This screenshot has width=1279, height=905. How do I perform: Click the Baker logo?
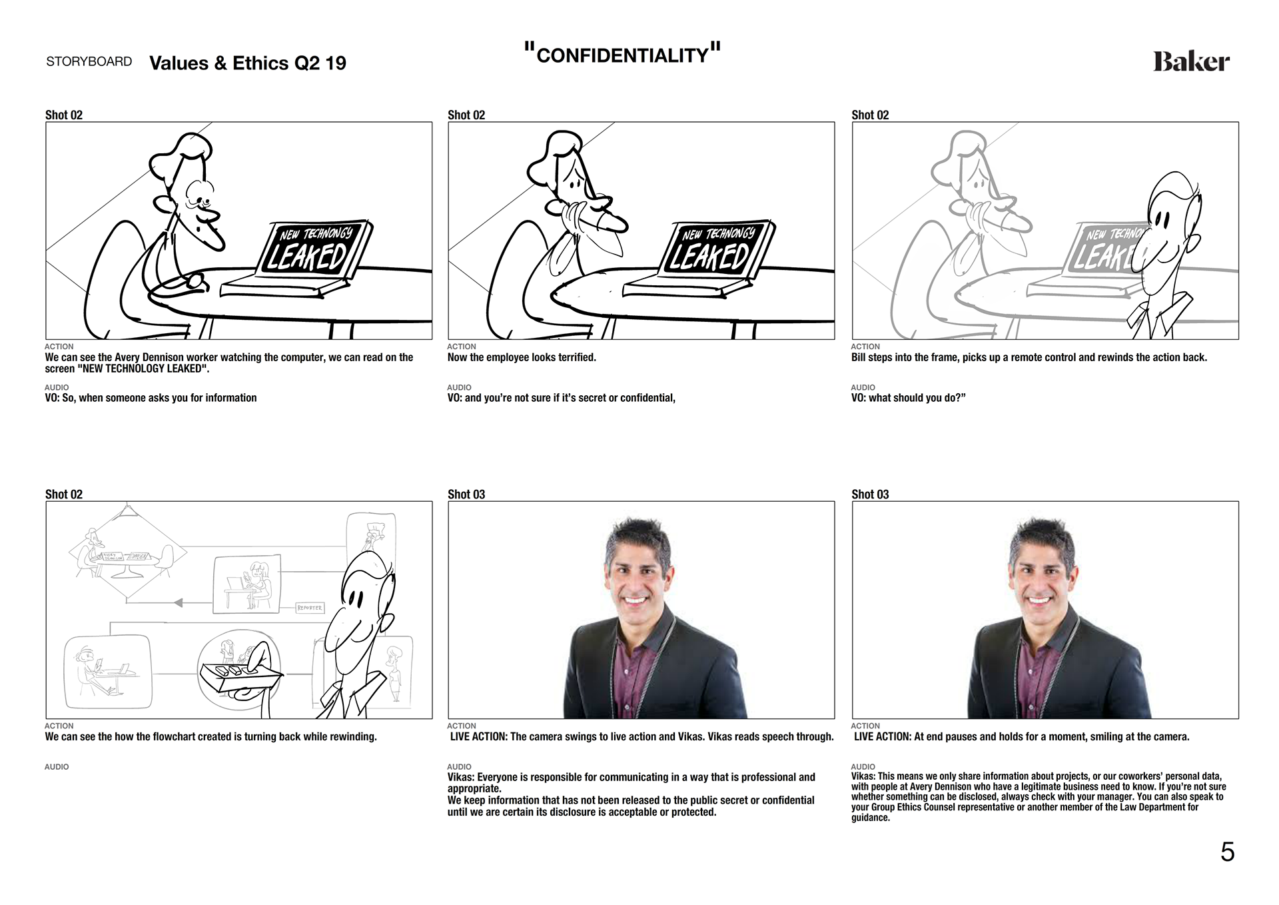pos(1191,62)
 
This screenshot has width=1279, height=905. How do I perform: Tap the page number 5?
pos(1227,852)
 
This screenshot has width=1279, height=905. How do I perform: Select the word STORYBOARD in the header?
pos(89,62)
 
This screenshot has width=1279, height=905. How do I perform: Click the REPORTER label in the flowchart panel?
pos(309,608)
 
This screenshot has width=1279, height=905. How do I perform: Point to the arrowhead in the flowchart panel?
pos(178,603)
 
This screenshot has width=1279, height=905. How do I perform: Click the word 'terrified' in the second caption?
pos(575,358)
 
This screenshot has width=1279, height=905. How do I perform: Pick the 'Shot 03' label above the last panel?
pos(870,494)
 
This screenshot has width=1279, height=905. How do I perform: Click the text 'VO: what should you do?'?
pos(908,398)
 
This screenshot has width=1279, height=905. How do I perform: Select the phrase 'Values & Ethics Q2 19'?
pos(248,63)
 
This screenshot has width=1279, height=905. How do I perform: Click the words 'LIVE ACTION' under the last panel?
pos(882,737)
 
